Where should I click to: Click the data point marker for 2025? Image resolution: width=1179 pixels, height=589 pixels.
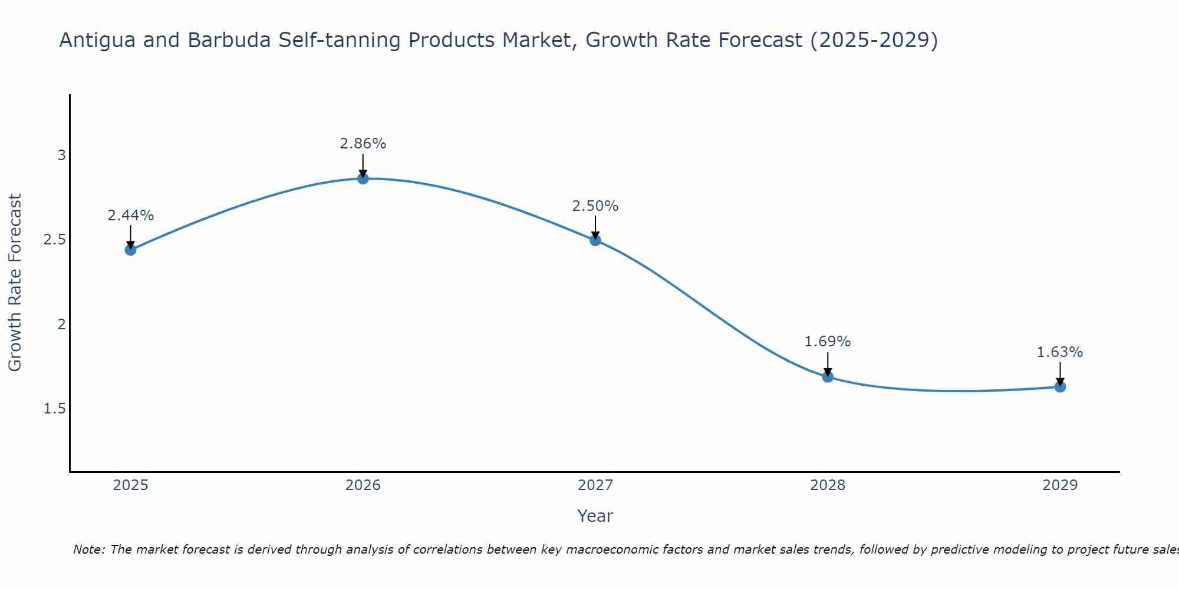pyautogui.click(x=130, y=250)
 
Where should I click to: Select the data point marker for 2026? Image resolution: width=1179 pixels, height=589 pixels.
pyautogui.click(x=363, y=178)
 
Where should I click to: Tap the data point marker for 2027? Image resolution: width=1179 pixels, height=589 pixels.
pyautogui.click(x=595, y=240)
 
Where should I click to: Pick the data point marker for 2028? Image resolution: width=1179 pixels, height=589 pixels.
pyautogui.click(x=828, y=377)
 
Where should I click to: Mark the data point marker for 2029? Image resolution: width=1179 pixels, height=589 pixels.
pyautogui.click(x=1060, y=387)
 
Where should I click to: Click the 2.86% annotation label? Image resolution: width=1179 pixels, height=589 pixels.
pyautogui.click(x=363, y=144)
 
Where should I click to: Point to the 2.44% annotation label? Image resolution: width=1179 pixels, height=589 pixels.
pyautogui.click(x=130, y=216)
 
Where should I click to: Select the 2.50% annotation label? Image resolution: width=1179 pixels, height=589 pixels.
pyautogui.click(x=595, y=206)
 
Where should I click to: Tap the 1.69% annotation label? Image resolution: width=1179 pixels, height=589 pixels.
pyautogui.click(x=828, y=342)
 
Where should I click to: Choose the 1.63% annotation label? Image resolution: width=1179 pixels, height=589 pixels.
pyautogui.click(x=1060, y=352)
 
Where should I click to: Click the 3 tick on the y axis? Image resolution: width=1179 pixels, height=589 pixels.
pyautogui.click(x=61, y=155)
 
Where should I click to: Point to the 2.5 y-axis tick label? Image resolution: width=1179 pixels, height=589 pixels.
pyautogui.click(x=55, y=240)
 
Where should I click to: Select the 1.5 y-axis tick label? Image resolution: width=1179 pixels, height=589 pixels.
pyautogui.click(x=55, y=409)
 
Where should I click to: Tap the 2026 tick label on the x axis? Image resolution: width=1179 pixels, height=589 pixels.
pyautogui.click(x=363, y=485)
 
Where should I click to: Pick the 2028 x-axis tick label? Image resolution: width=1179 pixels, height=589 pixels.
pyautogui.click(x=828, y=485)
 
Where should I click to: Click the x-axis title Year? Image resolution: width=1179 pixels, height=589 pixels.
pyautogui.click(x=595, y=516)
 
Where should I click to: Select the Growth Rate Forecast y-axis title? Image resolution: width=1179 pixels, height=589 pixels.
pyautogui.click(x=15, y=283)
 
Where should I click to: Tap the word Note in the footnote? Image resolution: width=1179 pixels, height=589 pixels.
pyautogui.click(x=88, y=550)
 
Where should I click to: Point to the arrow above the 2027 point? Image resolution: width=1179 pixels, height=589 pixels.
pyautogui.click(x=595, y=227)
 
